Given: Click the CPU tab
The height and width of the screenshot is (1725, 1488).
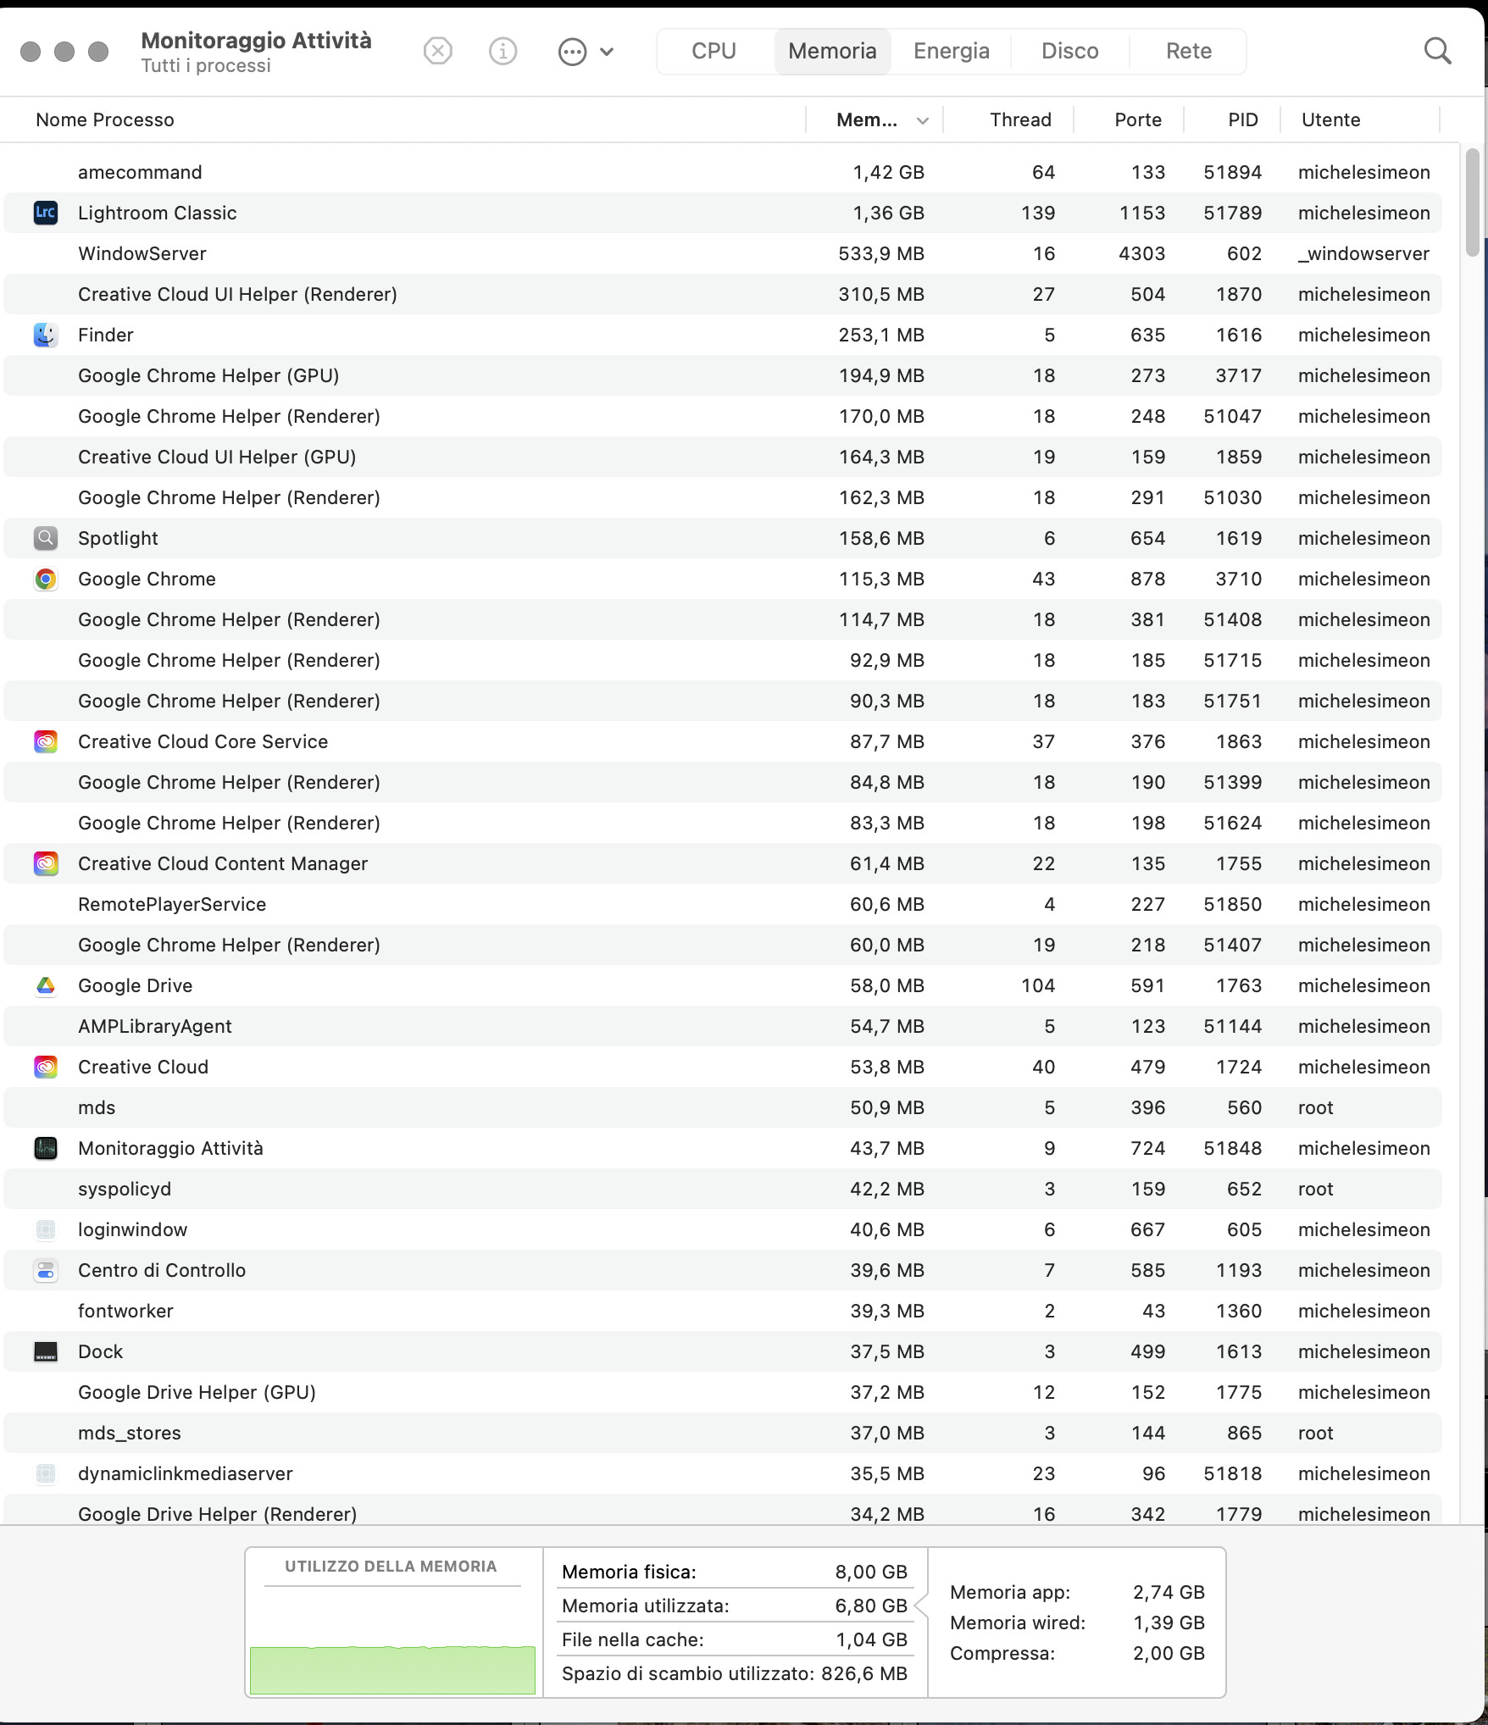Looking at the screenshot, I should pos(713,51).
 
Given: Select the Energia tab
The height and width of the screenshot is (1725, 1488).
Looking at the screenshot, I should pos(951,51).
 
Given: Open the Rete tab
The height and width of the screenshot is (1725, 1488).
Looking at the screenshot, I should pos(1188,51).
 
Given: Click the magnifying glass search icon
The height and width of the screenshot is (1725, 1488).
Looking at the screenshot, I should pos(1437,51).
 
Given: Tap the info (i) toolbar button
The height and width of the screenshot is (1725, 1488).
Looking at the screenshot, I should pos(502,52).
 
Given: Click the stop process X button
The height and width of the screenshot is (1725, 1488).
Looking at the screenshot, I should pos(437,52).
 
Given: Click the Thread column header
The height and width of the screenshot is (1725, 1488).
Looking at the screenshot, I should pos(1019,119).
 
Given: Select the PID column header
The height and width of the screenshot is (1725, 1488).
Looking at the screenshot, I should pos(1242,119).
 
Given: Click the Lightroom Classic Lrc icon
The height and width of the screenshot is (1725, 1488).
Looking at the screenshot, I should pos(46,213).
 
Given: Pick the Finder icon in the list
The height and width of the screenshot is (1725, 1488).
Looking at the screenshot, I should pos(46,335).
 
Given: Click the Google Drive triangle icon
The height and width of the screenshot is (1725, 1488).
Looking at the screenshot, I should pos(46,985).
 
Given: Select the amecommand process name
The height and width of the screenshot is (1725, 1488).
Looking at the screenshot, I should pos(140,172).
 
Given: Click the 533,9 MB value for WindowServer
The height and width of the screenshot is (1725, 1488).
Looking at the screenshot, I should pos(880,253).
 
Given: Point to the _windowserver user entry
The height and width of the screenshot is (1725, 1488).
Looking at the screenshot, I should pos(1363,253).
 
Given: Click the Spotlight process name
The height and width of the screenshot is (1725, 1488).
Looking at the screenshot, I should pos(118,538).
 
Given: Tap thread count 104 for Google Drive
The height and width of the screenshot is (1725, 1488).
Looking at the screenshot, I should pos(1037,985).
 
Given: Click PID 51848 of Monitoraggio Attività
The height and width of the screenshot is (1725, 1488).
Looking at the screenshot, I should pos(1232,1148).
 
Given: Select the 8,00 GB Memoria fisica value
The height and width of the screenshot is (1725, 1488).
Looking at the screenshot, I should pos(870,1572).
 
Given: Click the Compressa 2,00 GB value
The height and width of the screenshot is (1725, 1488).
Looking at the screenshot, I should pos(1168,1653).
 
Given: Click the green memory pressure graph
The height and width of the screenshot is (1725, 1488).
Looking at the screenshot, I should pos(391,1669).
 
